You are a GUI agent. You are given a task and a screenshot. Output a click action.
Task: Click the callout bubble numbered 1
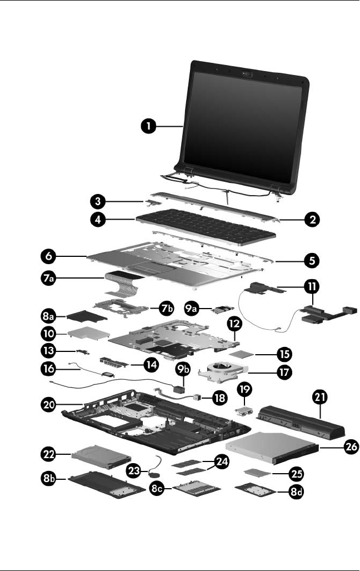pyautogui.click(x=148, y=127)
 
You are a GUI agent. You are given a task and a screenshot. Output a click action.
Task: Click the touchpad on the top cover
pyautogui.click(x=146, y=271)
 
